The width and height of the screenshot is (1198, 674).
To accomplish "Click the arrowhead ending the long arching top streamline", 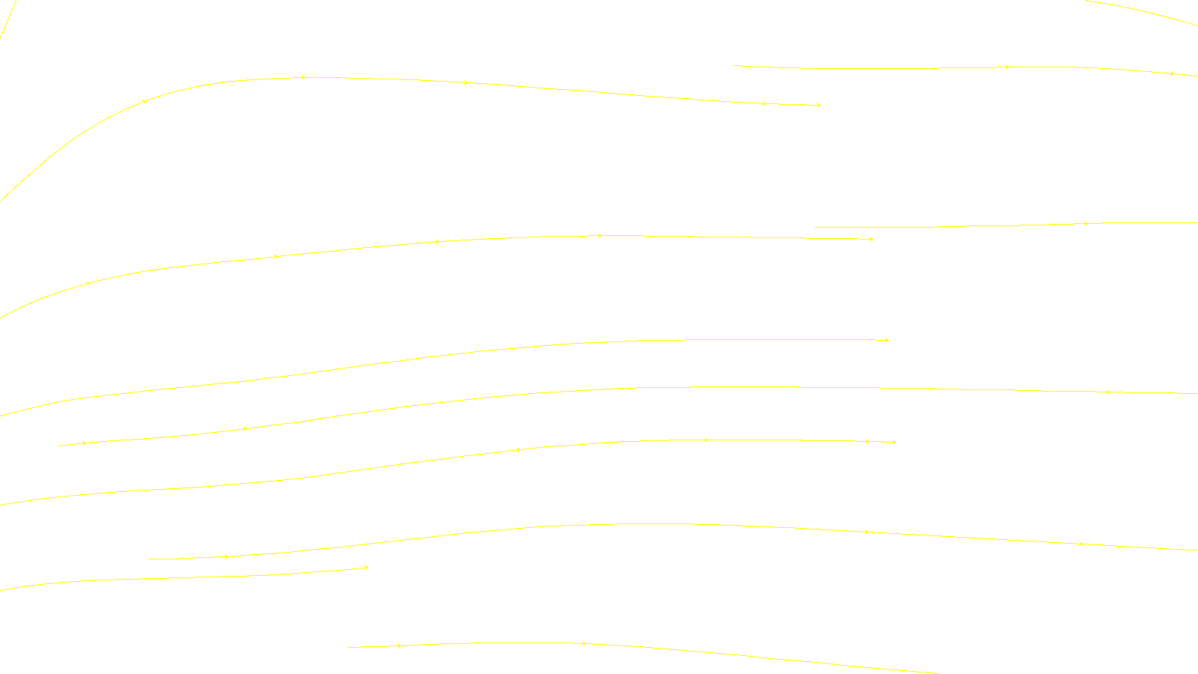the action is click(x=818, y=105).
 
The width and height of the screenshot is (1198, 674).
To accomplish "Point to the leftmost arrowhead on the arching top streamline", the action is click(x=145, y=101).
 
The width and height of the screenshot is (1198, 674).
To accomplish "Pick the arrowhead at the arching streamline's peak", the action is click(x=303, y=77).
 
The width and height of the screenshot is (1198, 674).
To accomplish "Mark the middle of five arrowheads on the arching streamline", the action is click(x=466, y=82).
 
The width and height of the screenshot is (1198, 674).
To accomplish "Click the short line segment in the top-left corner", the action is click(x=7, y=19).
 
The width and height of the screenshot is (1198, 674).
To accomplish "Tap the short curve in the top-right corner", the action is click(x=1146, y=11).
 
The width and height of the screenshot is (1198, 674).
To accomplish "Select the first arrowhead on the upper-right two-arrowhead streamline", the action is click(x=1007, y=67).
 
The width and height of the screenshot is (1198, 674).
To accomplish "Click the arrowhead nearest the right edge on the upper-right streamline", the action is click(x=1172, y=73).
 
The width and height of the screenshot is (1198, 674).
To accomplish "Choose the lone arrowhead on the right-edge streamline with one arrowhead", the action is click(x=1086, y=223).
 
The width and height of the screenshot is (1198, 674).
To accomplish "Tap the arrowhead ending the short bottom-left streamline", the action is click(x=366, y=568).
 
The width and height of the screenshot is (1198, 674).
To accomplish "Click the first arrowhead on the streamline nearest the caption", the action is click(x=400, y=646).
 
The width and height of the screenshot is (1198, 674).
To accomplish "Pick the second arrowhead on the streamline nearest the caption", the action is click(x=585, y=643).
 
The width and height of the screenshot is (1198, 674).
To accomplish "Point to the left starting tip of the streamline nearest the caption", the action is click(x=349, y=647).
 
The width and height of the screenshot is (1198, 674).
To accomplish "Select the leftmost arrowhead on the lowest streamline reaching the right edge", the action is click(x=226, y=557).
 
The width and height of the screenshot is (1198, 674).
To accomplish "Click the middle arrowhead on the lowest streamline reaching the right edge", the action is click(x=866, y=532).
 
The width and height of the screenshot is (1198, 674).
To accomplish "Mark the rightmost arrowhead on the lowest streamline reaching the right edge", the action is click(x=1080, y=544).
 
